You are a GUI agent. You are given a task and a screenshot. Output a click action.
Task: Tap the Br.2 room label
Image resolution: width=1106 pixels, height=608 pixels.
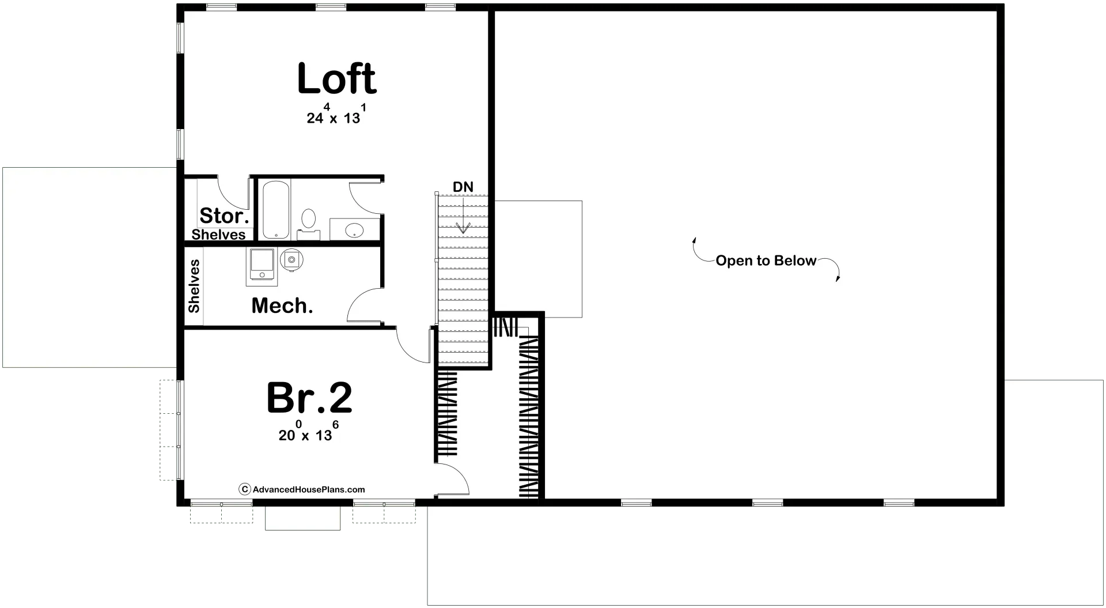pyautogui.click(x=309, y=398)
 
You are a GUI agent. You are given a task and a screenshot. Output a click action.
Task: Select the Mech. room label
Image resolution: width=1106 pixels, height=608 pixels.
pyautogui.click(x=282, y=306)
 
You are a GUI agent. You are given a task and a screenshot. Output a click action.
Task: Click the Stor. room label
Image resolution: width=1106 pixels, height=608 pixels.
pyautogui.click(x=224, y=216)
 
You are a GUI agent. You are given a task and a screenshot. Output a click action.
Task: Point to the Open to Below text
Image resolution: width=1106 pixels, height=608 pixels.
pyautogui.click(x=766, y=261)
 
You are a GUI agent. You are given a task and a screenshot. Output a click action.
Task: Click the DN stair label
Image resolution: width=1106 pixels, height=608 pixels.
pyautogui.click(x=463, y=187)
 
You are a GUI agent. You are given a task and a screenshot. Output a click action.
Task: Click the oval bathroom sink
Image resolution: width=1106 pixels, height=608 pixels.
pyautogui.click(x=354, y=231)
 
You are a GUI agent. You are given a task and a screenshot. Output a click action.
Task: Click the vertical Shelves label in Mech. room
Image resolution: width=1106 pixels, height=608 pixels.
pyautogui.click(x=194, y=286)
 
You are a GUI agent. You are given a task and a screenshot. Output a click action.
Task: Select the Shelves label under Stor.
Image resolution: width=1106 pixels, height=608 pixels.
pyautogui.click(x=219, y=235)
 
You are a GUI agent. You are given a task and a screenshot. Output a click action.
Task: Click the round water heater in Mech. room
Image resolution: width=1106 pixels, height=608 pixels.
pyautogui.click(x=291, y=259)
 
